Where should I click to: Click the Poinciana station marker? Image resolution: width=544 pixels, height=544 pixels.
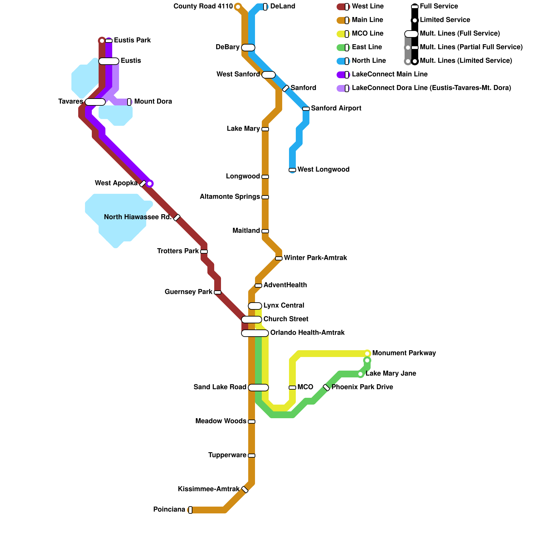point(190,510)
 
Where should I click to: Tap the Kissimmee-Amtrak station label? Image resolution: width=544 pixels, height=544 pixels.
point(208,489)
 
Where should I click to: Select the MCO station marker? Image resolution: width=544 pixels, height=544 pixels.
point(292,388)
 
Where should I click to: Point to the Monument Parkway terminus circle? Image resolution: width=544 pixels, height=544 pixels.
point(367,354)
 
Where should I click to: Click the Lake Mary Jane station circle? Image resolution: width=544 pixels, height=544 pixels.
point(360,374)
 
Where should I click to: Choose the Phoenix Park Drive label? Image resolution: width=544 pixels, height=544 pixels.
point(362,387)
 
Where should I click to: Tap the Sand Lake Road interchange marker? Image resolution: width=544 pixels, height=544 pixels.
point(258,388)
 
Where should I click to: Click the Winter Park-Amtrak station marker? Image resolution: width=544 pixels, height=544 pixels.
point(279,258)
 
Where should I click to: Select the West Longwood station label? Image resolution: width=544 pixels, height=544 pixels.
point(323,170)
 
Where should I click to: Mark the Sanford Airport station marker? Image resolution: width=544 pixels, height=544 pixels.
point(306,109)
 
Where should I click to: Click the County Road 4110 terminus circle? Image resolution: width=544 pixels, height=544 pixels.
point(238,7)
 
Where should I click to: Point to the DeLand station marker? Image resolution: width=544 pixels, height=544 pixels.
point(265,7)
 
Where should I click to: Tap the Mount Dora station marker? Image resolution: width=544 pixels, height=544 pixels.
point(129,102)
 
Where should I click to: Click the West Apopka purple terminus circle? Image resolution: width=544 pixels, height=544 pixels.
point(150,184)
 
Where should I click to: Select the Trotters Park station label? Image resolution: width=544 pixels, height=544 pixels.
point(178,251)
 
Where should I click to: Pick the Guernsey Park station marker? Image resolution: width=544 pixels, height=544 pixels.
point(218,292)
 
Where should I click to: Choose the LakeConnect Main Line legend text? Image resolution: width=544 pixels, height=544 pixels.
point(390,74)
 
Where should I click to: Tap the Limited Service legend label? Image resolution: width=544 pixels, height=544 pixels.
point(445,20)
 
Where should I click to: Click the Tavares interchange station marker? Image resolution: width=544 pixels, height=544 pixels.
point(95,102)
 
